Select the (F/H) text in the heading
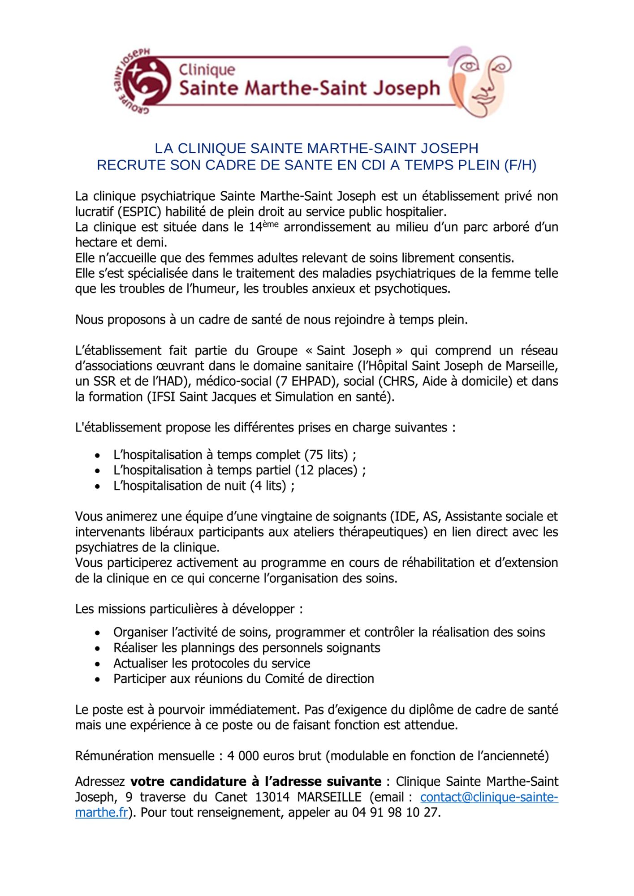pyautogui.click(x=520, y=165)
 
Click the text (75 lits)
pyautogui.click(x=326, y=455)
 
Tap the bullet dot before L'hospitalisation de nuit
pyautogui.click(x=98, y=486)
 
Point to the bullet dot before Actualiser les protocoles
pyautogui.click(x=98, y=663)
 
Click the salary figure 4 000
pyautogui.click(x=243, y=756)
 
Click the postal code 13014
pyautogui.click(x=272, y=797)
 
